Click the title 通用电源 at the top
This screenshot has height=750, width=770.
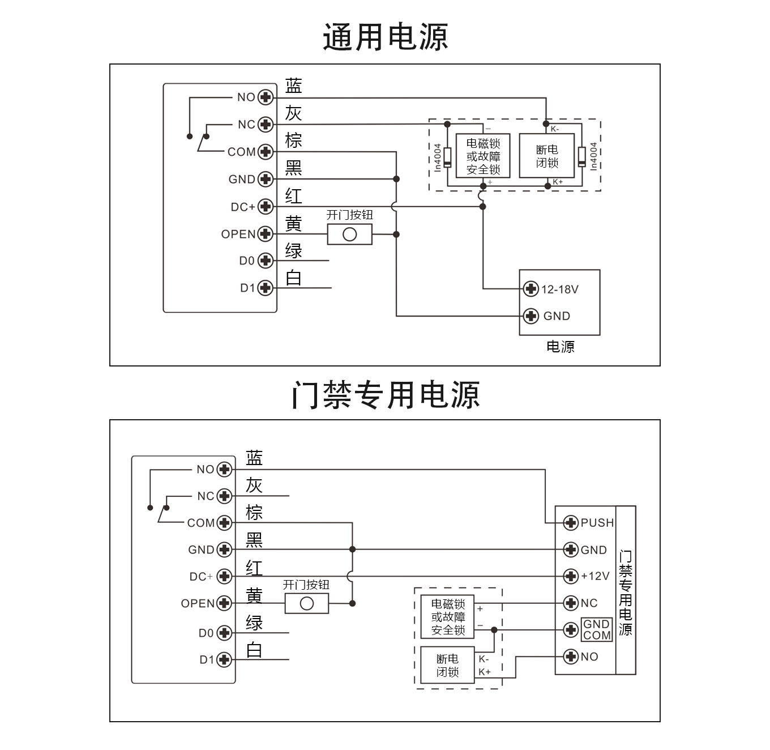click(385, 37)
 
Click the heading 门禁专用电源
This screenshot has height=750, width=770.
click(385, 395)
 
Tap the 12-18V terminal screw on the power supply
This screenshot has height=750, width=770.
click(531, 289)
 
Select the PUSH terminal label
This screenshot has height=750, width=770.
click(597, 523)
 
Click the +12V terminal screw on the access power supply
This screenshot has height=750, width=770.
click(571, 577)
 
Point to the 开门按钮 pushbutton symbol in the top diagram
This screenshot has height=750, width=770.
click(350, 234)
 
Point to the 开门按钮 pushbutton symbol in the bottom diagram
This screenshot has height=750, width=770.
click(306, 603)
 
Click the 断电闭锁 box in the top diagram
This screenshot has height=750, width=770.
click(547, 156)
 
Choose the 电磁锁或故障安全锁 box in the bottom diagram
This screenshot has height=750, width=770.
click(448, 617)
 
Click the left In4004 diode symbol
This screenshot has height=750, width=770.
click(447, 157)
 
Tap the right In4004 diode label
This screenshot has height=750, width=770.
click(593, 156)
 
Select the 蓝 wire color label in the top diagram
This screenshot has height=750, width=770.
click(293, 86)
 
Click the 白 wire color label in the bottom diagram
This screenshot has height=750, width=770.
click(254, 650)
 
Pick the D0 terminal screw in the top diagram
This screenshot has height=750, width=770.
click(266, 261)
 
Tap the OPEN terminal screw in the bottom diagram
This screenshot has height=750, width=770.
click(225, 603)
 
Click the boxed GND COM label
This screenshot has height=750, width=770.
click(597, 629)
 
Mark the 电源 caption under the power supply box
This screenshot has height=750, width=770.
click(560, 347)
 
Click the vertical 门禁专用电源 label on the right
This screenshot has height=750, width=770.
click(626, 592)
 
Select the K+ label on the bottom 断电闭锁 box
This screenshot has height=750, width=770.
click(484, 672)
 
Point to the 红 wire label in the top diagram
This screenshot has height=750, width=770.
click(293, 196)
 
